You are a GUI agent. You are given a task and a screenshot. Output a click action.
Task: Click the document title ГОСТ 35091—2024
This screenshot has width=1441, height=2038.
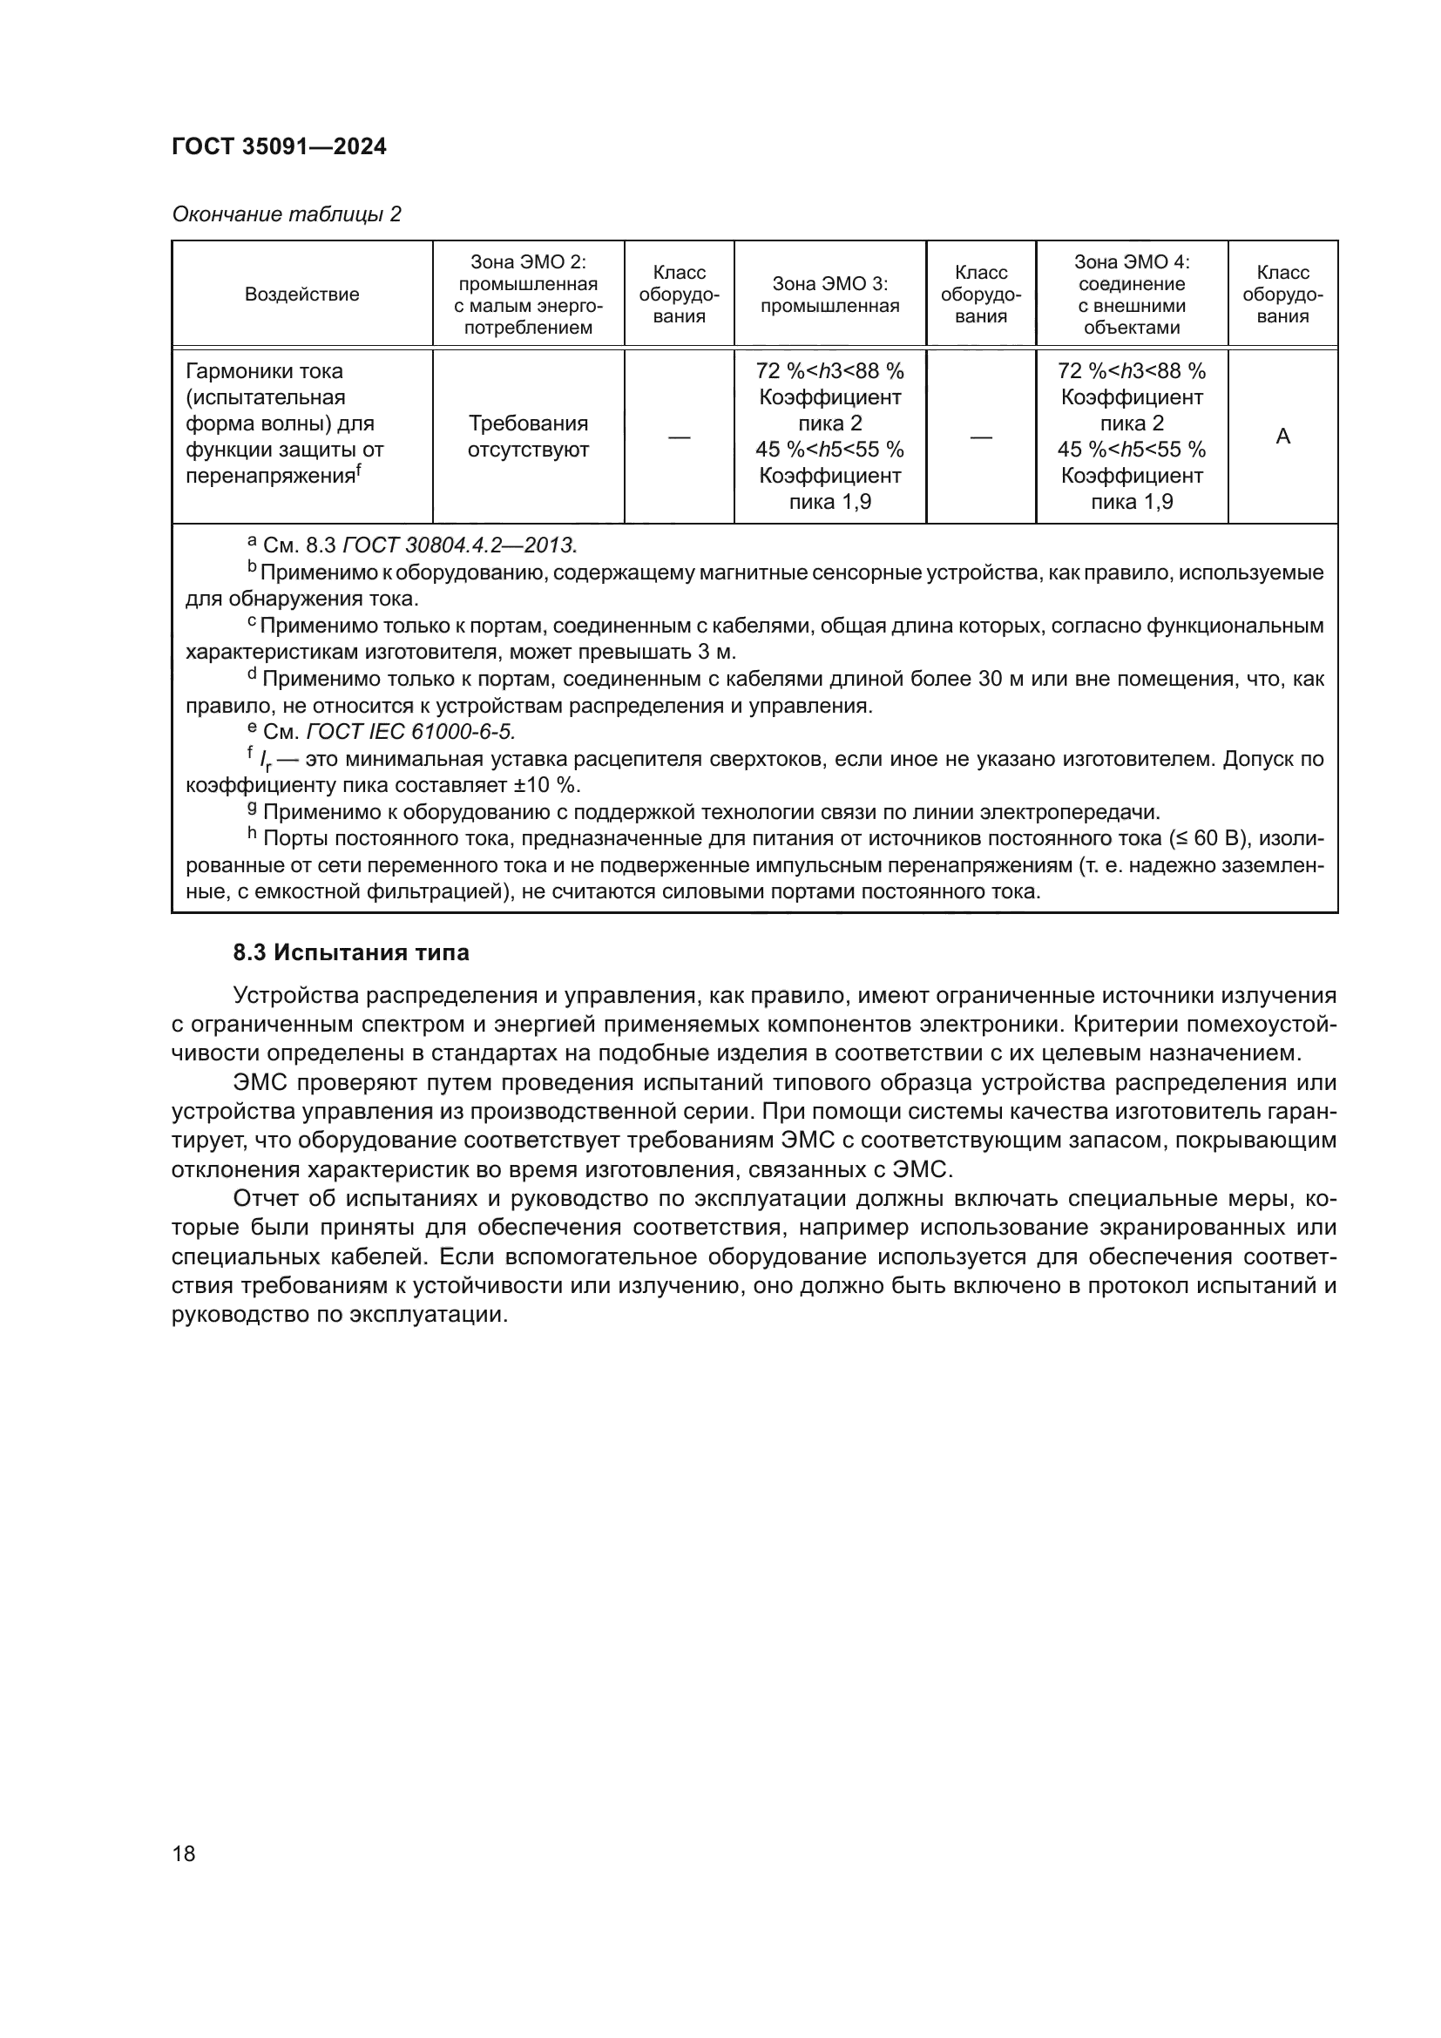point(279,147)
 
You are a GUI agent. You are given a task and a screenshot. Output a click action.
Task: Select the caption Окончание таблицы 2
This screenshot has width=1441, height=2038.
point(286,214)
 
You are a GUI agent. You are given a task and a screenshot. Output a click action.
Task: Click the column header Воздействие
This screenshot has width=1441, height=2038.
point(301,295)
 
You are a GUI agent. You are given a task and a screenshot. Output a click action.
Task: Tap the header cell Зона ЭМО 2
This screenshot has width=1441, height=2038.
point(528,295)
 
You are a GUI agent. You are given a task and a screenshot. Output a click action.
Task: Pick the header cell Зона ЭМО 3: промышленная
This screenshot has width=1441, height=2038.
point(829,295)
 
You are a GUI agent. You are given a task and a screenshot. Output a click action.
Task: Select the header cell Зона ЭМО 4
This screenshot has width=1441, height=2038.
point(1132,295)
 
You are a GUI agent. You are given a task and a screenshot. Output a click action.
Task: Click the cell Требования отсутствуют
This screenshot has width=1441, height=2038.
point(528,436)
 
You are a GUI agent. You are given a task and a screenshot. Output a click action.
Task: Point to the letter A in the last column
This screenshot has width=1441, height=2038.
point(1282,436)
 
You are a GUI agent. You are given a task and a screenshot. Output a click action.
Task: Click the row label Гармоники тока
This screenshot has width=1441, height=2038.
point(265,371)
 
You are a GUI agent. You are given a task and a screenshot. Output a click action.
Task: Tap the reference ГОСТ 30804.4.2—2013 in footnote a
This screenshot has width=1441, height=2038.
point(459,544)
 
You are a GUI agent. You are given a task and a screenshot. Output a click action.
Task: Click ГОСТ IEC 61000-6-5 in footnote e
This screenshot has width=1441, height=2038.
point(410,731)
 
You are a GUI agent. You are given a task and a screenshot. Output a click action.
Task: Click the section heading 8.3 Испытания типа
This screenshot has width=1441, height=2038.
point(350,952)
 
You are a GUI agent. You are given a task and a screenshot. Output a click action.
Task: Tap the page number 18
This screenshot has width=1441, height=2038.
point(184,1853)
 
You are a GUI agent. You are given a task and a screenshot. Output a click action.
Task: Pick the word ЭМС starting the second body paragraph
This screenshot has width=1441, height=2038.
point(260,1083)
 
